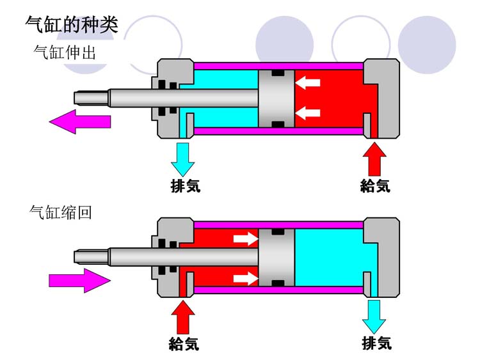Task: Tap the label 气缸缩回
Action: pyautogui.click(x=61, y=212)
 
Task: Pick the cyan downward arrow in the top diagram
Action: pyautogui.click(x=183, y=159)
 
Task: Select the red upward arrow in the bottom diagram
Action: pyautogui.click(x=183, y=316)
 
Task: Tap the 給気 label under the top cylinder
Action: pyautogui.click(x=375, y=186)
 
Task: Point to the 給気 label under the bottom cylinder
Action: pyautogui.click(x=184, y=344)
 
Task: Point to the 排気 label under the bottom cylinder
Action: pyautogui.click(x=376, y=343)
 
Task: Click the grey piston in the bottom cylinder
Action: pyautogui.click(x=276, y=257)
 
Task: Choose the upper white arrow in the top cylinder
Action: pyautogui.click(x=307, y=82)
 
